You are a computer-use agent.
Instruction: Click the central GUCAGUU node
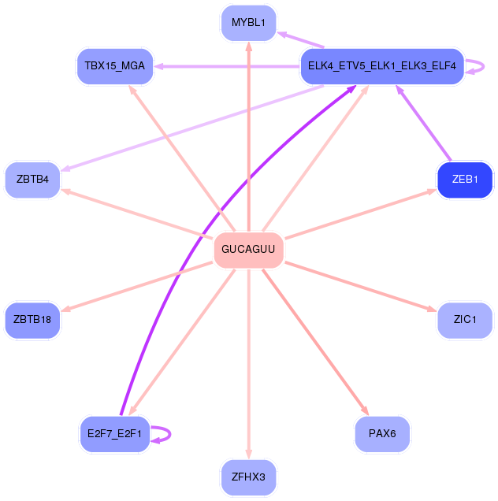pos(248,250)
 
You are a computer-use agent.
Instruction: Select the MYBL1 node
pos(248,22)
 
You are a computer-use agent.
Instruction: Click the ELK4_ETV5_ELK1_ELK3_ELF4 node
pos(382,66)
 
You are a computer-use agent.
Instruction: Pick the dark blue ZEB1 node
pos(465,180)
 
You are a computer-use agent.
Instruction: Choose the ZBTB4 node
pos(32,180)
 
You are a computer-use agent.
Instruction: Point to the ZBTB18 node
pos(32,320)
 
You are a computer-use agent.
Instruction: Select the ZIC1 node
pos(465,320)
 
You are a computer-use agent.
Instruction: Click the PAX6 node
pos(382,433)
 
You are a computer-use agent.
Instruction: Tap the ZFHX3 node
pos(248,477)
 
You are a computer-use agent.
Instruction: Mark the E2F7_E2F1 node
pos(115,433)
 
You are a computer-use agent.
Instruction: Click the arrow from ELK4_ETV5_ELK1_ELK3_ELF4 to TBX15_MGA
pos(229,66)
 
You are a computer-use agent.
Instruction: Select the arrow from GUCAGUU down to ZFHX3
pos(248,362)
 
